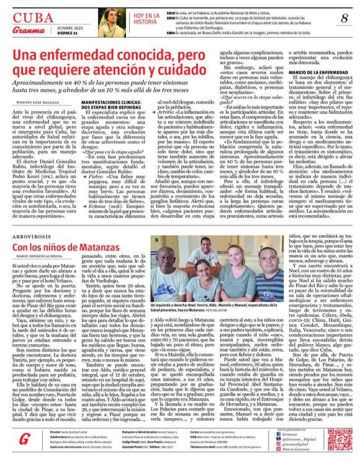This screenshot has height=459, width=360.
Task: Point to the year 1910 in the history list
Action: (x=171, y=12)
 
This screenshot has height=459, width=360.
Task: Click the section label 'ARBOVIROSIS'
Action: (x=27, y=236)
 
